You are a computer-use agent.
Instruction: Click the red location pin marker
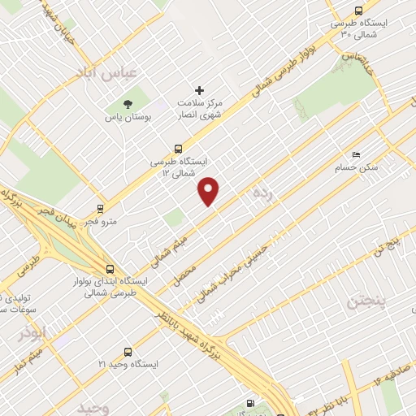pos(210,191)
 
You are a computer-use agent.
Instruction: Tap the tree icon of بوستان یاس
pos(127,102)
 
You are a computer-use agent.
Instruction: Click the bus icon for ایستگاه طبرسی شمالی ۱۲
pos(177,149)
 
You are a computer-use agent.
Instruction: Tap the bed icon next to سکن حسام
pos(356,154)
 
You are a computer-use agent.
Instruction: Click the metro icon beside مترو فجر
pos(100,208)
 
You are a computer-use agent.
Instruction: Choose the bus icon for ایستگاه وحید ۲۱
pos(128,352)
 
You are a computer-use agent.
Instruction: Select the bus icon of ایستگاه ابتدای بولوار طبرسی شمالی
pos(110,269)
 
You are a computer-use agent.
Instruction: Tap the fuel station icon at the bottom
pos(249,404)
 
